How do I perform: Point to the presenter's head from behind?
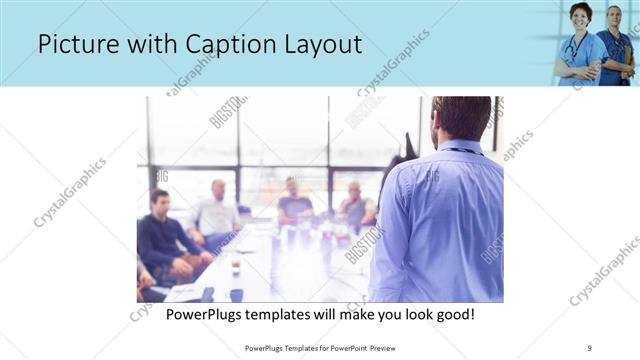[x=462, y=118]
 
